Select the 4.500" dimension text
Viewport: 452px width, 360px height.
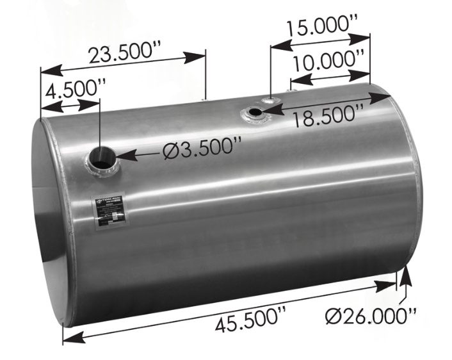click(71, 87)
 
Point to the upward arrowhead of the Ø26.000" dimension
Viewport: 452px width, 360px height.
click(404, 274)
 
